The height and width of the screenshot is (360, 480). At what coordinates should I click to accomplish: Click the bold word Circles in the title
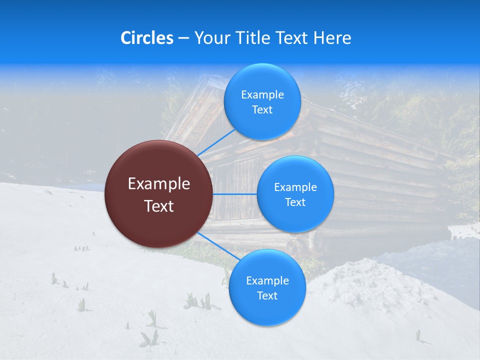[147, 38]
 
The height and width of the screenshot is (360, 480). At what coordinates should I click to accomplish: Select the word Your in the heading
[211, 38]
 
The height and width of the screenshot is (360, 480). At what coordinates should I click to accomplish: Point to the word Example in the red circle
[159, 184]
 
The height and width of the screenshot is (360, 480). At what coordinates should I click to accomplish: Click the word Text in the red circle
[159, 206]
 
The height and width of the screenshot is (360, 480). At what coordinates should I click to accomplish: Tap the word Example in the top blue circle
[262, 95]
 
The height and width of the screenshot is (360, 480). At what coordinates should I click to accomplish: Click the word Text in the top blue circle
[262, 110]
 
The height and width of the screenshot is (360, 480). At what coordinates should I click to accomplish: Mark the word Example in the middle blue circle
[295, 187]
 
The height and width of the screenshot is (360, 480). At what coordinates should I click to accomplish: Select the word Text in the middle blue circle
[295, 202]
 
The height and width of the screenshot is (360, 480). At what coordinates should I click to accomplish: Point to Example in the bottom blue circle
[267, 281]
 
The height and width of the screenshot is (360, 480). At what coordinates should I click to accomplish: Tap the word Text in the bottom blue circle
[267, 296]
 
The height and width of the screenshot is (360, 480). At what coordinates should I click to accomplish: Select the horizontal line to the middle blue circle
[235, 194]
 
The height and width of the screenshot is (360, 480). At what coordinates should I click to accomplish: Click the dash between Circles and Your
[183, 38]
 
